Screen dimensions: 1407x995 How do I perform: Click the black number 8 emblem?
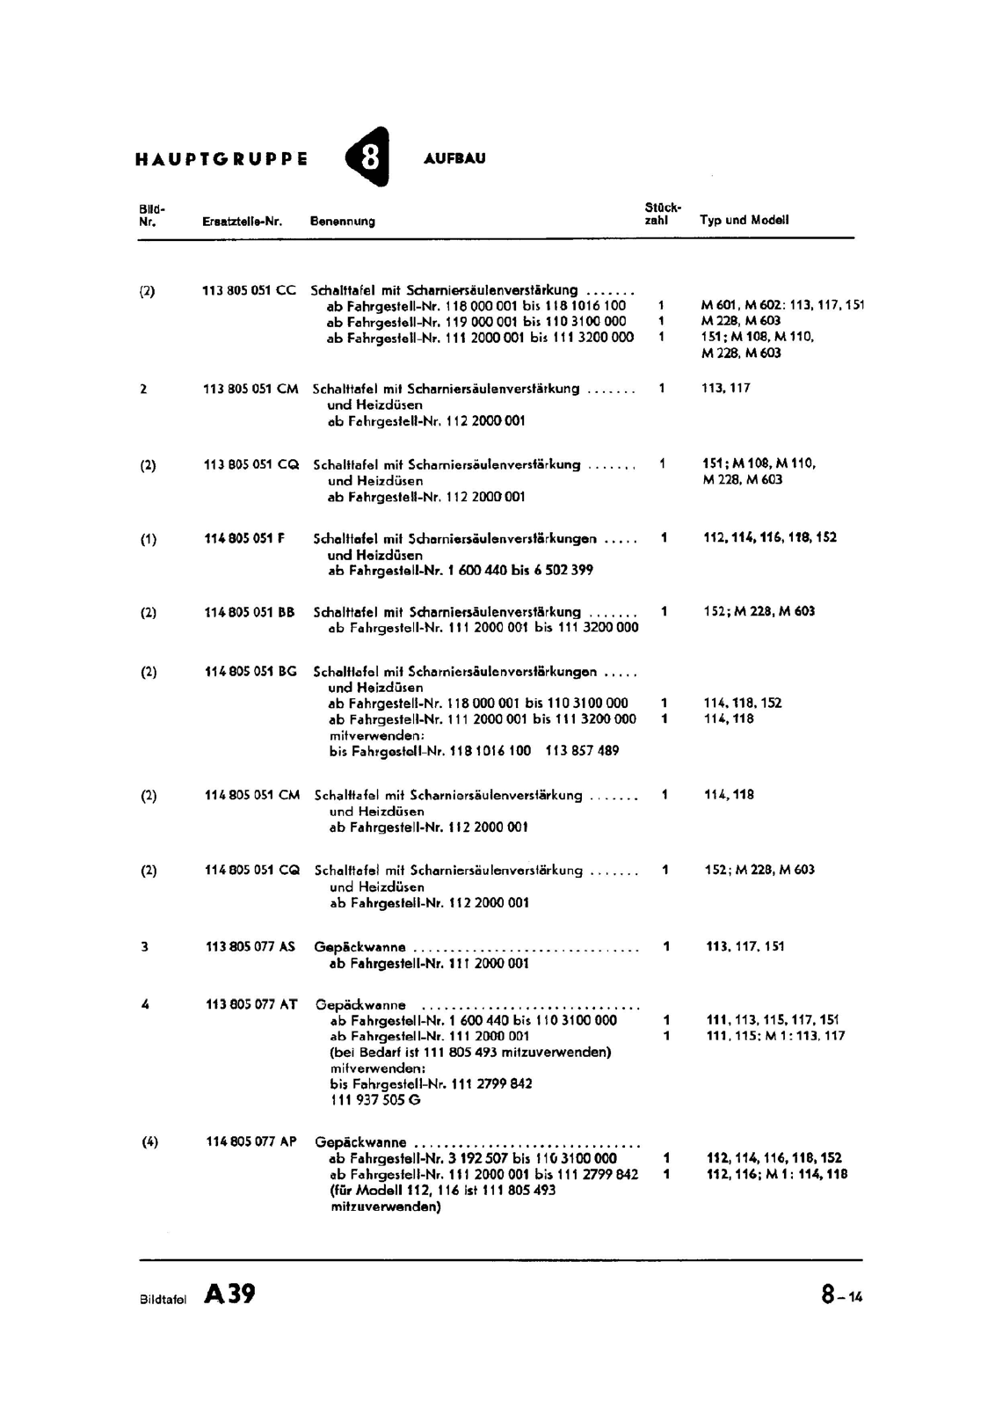coord(367,158)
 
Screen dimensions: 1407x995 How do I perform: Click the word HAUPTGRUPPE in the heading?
coord(222,159)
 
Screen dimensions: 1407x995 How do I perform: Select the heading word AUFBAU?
coord(454,159)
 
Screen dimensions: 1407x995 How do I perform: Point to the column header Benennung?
coord(343,222)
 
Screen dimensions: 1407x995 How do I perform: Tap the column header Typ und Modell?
coord(744,220)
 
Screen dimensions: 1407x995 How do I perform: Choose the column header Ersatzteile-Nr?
coord(242,222)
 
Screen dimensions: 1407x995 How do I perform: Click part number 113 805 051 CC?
coord(250,290)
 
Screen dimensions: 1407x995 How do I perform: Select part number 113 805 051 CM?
coord(251,389)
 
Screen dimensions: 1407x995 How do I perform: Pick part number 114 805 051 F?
coord(244,538)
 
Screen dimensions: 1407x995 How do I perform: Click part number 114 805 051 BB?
coord(250,612)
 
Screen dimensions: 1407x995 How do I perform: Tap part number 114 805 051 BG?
coord(251,672)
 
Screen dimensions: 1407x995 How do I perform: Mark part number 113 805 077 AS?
coord(251,947)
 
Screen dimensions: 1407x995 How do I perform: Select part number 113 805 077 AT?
coord(251,1004)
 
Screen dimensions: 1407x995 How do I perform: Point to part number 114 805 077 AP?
coord(251,1142)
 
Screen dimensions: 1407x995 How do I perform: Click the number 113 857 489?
coord(582,751)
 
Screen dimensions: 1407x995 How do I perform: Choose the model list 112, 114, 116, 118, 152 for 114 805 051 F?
coord(770,537)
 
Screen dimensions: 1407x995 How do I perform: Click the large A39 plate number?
coord(229,1294)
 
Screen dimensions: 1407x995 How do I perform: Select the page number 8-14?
coord(841,1295)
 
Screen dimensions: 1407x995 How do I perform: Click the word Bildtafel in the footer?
coord(163,1299)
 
